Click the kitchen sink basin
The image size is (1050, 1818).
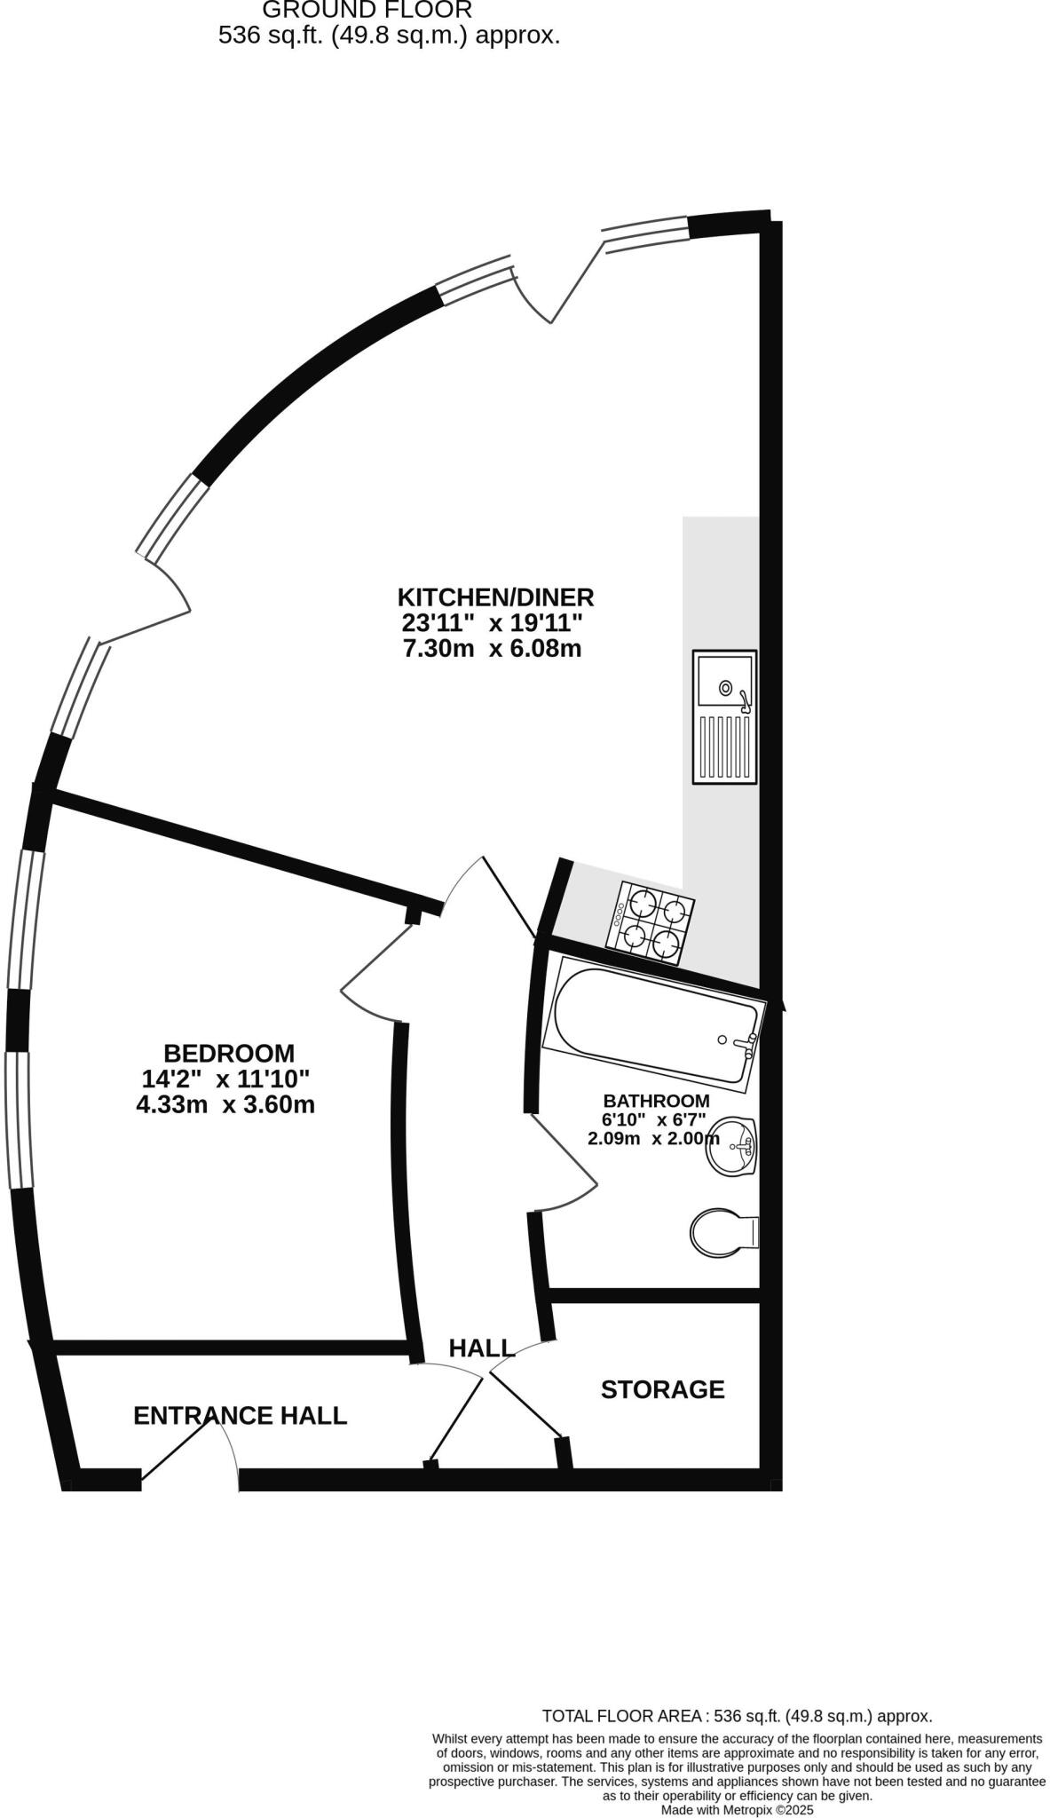tap(724, 680)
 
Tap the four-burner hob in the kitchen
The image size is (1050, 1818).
tap(650, 923)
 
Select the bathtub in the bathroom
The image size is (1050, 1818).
tap(653, 1029)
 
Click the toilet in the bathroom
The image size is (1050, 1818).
tap(722, 1232)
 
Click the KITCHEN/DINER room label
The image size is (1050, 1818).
tap(495, 597)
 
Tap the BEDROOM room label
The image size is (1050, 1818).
tap(229, 1053)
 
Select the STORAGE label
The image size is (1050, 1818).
tap(662, 1389)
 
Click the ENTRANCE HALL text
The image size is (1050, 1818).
tap(240, 1416)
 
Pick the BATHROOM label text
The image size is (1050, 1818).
tap(656, 1101)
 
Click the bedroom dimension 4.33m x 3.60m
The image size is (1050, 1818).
tap(225, 1105)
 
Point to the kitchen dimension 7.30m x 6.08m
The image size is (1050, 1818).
tap(492, 649)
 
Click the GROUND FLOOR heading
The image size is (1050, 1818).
tap(367, 11)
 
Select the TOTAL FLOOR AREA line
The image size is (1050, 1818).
tap(737, 1716)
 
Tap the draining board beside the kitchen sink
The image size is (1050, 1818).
tap(724, 747)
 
